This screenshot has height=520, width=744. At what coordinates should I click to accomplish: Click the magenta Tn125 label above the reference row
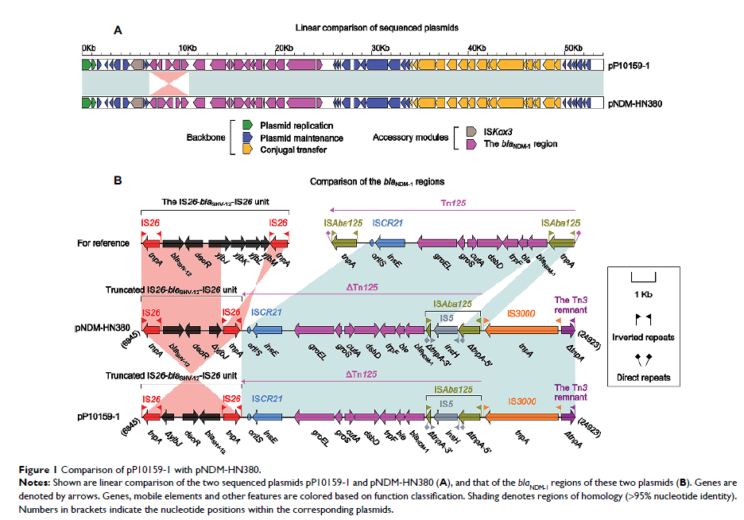pos(456,203)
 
